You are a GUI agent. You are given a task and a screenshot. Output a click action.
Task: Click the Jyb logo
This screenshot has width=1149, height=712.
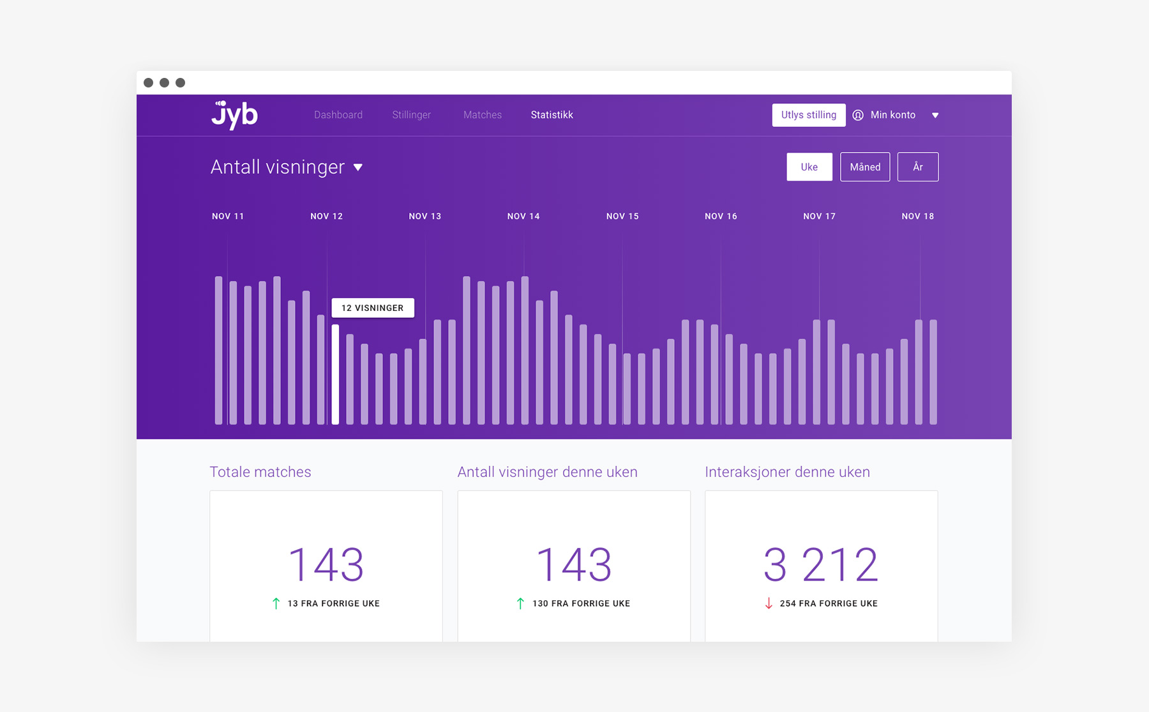click(234, 115)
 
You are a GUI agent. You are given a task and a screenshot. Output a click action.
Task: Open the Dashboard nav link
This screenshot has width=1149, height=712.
click(338, 115)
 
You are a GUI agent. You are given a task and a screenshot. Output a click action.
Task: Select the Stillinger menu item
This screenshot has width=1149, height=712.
click(412, 115)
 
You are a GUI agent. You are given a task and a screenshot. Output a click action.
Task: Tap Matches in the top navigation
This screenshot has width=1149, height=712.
click(483, 115)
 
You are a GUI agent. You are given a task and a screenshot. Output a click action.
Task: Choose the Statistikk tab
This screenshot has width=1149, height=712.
click(552, 115)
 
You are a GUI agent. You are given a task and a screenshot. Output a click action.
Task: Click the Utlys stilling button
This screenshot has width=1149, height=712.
click(809, 115)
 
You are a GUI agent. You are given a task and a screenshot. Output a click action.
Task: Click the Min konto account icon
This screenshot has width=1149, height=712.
click(858, 115)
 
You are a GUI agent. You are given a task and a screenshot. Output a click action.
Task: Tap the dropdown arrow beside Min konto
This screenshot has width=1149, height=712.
click(935, 116)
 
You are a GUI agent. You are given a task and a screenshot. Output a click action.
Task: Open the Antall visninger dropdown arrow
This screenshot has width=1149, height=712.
click(358, 167)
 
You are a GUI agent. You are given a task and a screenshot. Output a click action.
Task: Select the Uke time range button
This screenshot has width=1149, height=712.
click(809, 167)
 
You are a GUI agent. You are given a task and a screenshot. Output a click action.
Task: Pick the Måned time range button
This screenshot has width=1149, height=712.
click(865, 167)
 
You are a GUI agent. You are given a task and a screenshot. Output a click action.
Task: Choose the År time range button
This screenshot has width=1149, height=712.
click(918, 167)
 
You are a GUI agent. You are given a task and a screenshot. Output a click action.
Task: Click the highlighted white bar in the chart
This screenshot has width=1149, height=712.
click(335, 374)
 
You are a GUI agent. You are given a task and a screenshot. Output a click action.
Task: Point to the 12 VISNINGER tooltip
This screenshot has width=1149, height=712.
click(373, 308)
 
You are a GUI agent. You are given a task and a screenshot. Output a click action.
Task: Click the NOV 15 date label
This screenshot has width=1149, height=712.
click(622, 216)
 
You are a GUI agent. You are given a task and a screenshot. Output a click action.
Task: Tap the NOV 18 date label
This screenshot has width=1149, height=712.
click(918, 216)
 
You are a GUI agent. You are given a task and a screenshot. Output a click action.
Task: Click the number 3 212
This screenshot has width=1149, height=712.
click(821, 564)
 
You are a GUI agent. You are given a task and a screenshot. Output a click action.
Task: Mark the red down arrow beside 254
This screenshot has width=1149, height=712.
click(769, 603)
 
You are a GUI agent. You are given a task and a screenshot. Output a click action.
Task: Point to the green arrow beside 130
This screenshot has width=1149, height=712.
click(520, 603)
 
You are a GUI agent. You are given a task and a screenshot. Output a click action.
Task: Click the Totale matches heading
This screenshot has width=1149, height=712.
click(260, 472)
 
